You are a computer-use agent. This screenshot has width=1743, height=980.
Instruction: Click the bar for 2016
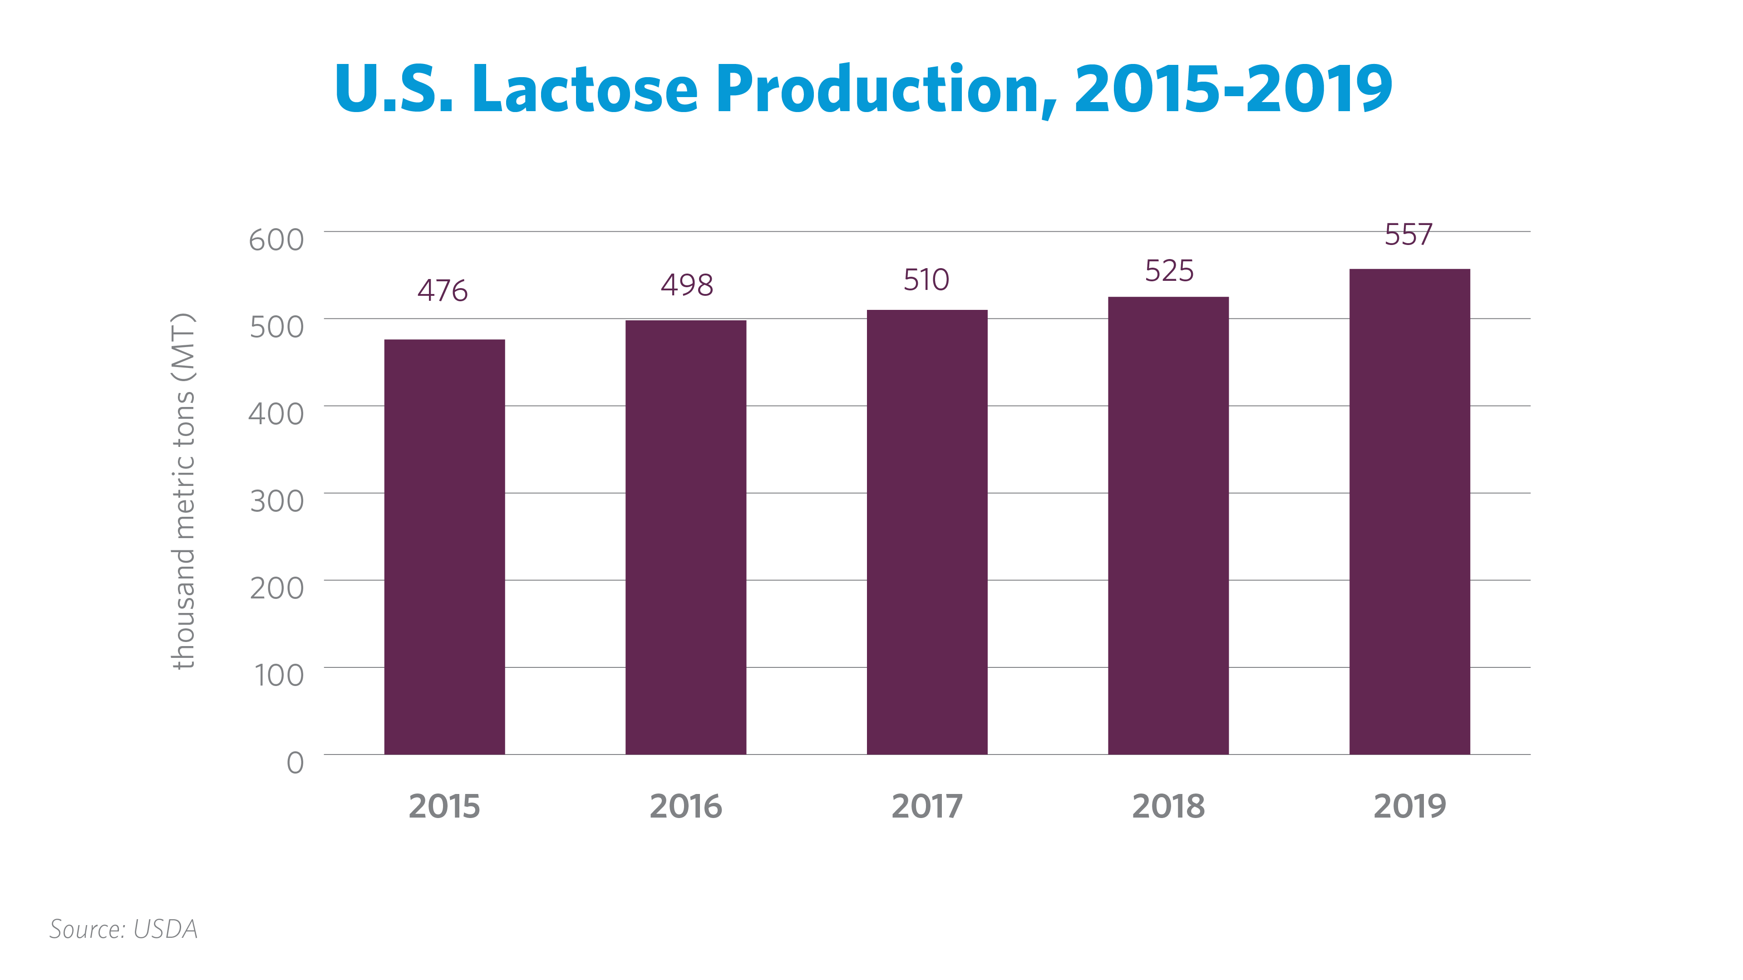click(x=685, y=537)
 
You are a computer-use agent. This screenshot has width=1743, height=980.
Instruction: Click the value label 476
click(x=443, y=291)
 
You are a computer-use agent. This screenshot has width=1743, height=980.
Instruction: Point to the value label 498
click(x=687, y=285)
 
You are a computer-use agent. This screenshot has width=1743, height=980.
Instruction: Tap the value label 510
click(x=926, y=280)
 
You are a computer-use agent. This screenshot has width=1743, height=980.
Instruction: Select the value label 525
click(x=1169, y=271)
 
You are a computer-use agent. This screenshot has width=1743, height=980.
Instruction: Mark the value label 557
click(x=1409, y=235)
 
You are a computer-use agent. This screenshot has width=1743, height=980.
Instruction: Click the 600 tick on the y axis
click(x=276, y=240)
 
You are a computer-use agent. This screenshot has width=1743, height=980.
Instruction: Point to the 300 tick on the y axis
click(x=277, y=502)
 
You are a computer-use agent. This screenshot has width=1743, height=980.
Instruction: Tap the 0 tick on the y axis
click(x=295, y=763)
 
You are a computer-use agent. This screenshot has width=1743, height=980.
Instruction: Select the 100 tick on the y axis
click(x=279, y=676)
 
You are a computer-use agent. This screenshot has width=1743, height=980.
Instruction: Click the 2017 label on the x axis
click(x=926, y=806)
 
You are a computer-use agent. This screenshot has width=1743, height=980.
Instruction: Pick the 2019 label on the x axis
click(x=1409, y=806)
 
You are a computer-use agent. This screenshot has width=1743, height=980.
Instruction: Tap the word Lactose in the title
click(x=585, y=89)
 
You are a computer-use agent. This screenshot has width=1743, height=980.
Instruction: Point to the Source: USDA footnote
click(x=123, y=929)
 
